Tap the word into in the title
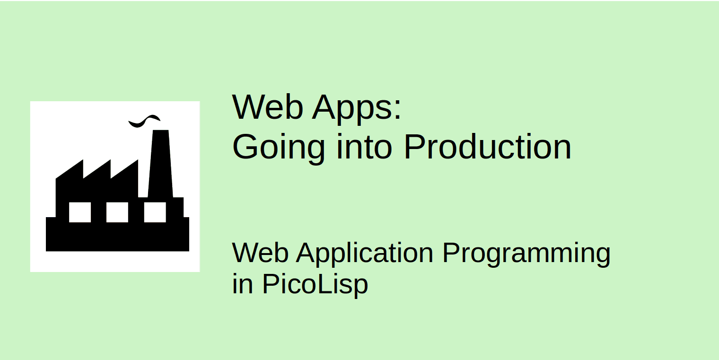[x=364, y=147]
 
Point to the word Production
[x=488, y=147]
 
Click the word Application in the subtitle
[x=365, y=254]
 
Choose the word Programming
[x=526, y=254]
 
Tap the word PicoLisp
[x=315, y=285]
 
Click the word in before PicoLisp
[x=242, y=285]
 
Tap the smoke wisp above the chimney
[x=144, y=121]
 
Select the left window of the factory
[x=79, y=212]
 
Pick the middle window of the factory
[x=117, y=212]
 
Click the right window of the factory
[x=155, y=212]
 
